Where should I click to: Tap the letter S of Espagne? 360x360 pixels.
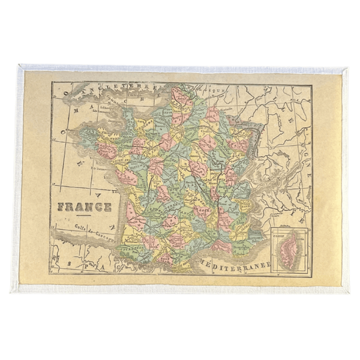point(71,262)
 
